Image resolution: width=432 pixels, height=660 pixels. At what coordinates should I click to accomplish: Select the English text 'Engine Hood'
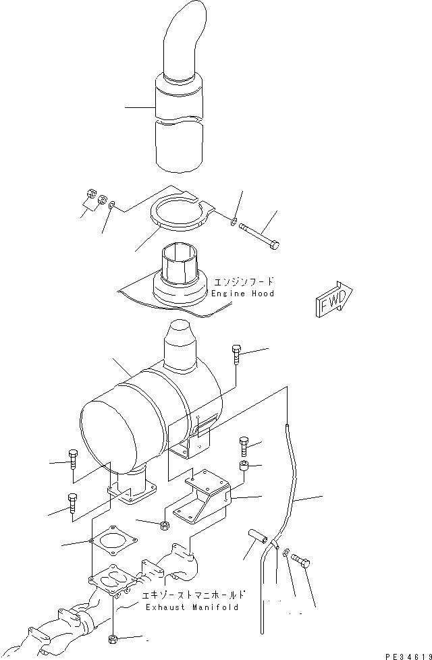pos(242,294)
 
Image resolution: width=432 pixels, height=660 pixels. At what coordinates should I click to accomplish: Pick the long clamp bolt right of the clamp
pos(260,233)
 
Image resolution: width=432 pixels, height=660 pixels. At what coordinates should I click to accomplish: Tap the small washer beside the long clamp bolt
pos(233,221)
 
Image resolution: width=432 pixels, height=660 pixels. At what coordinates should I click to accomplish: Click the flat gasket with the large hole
pos(113,541)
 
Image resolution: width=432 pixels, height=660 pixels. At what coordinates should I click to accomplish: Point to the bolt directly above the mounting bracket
pos(245,446)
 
